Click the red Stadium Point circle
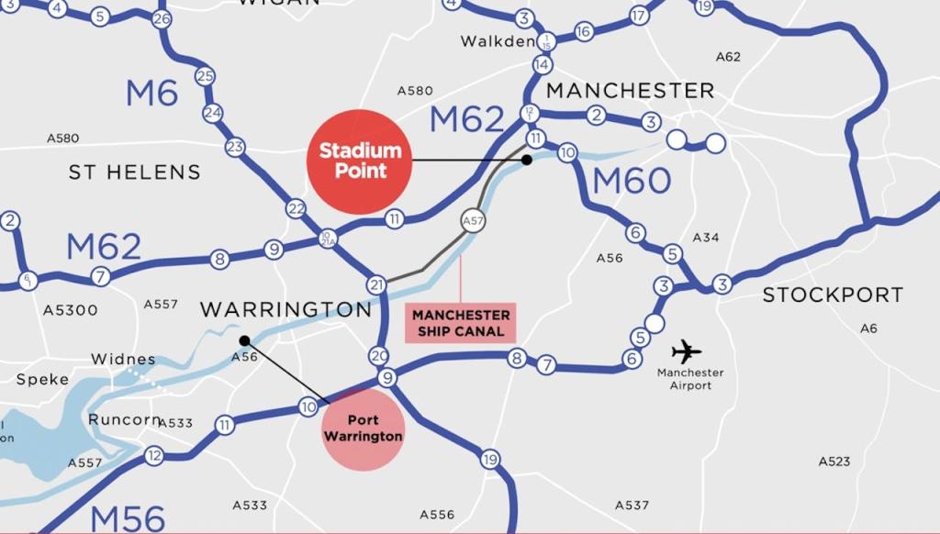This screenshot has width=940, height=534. [x=359, y=161]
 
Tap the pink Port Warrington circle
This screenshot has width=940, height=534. [x=364, y=428]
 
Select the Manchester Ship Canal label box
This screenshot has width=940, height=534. [x=460, y=323]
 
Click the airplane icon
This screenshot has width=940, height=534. [x=686, y=351]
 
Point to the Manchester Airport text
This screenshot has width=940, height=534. [x=690, y=379]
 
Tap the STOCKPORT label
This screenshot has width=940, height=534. [x=833, y=295]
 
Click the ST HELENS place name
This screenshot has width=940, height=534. [x=134, y=172]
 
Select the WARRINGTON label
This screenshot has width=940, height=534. [x=285, y=309]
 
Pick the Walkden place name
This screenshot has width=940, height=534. [x=498, y=41]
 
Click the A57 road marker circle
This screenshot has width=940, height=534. [x=473, y=221]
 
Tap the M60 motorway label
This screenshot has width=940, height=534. [x=632, y=181]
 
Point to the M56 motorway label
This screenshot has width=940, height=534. [x=128, y=518]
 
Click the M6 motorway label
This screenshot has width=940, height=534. [x=151, y=93]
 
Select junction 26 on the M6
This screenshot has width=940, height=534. [x=162, y=18]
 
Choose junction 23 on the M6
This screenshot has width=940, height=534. [x=235, y=147]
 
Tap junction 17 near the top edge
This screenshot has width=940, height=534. [x=639, y=16]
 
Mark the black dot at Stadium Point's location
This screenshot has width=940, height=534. [x=527, y=160]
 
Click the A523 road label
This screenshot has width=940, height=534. [x=834, y=462]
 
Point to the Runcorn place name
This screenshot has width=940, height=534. [x=125, y=419]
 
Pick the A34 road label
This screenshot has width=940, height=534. [x=706, y=238]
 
